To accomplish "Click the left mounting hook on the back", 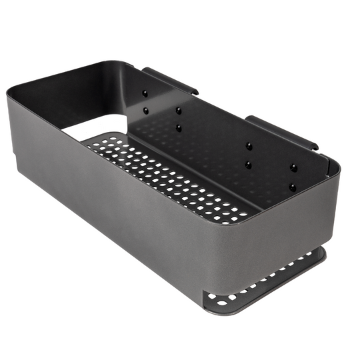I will coord(170,80).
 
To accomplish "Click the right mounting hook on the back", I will coord(281,131).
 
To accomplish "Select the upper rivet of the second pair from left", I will coord(178,110).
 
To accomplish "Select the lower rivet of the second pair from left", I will coord(179,127).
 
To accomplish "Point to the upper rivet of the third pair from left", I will coord(249,145).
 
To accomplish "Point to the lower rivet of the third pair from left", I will coord(248,163).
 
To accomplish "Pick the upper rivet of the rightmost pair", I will coord(293,168).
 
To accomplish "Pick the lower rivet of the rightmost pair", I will coord(292,188).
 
